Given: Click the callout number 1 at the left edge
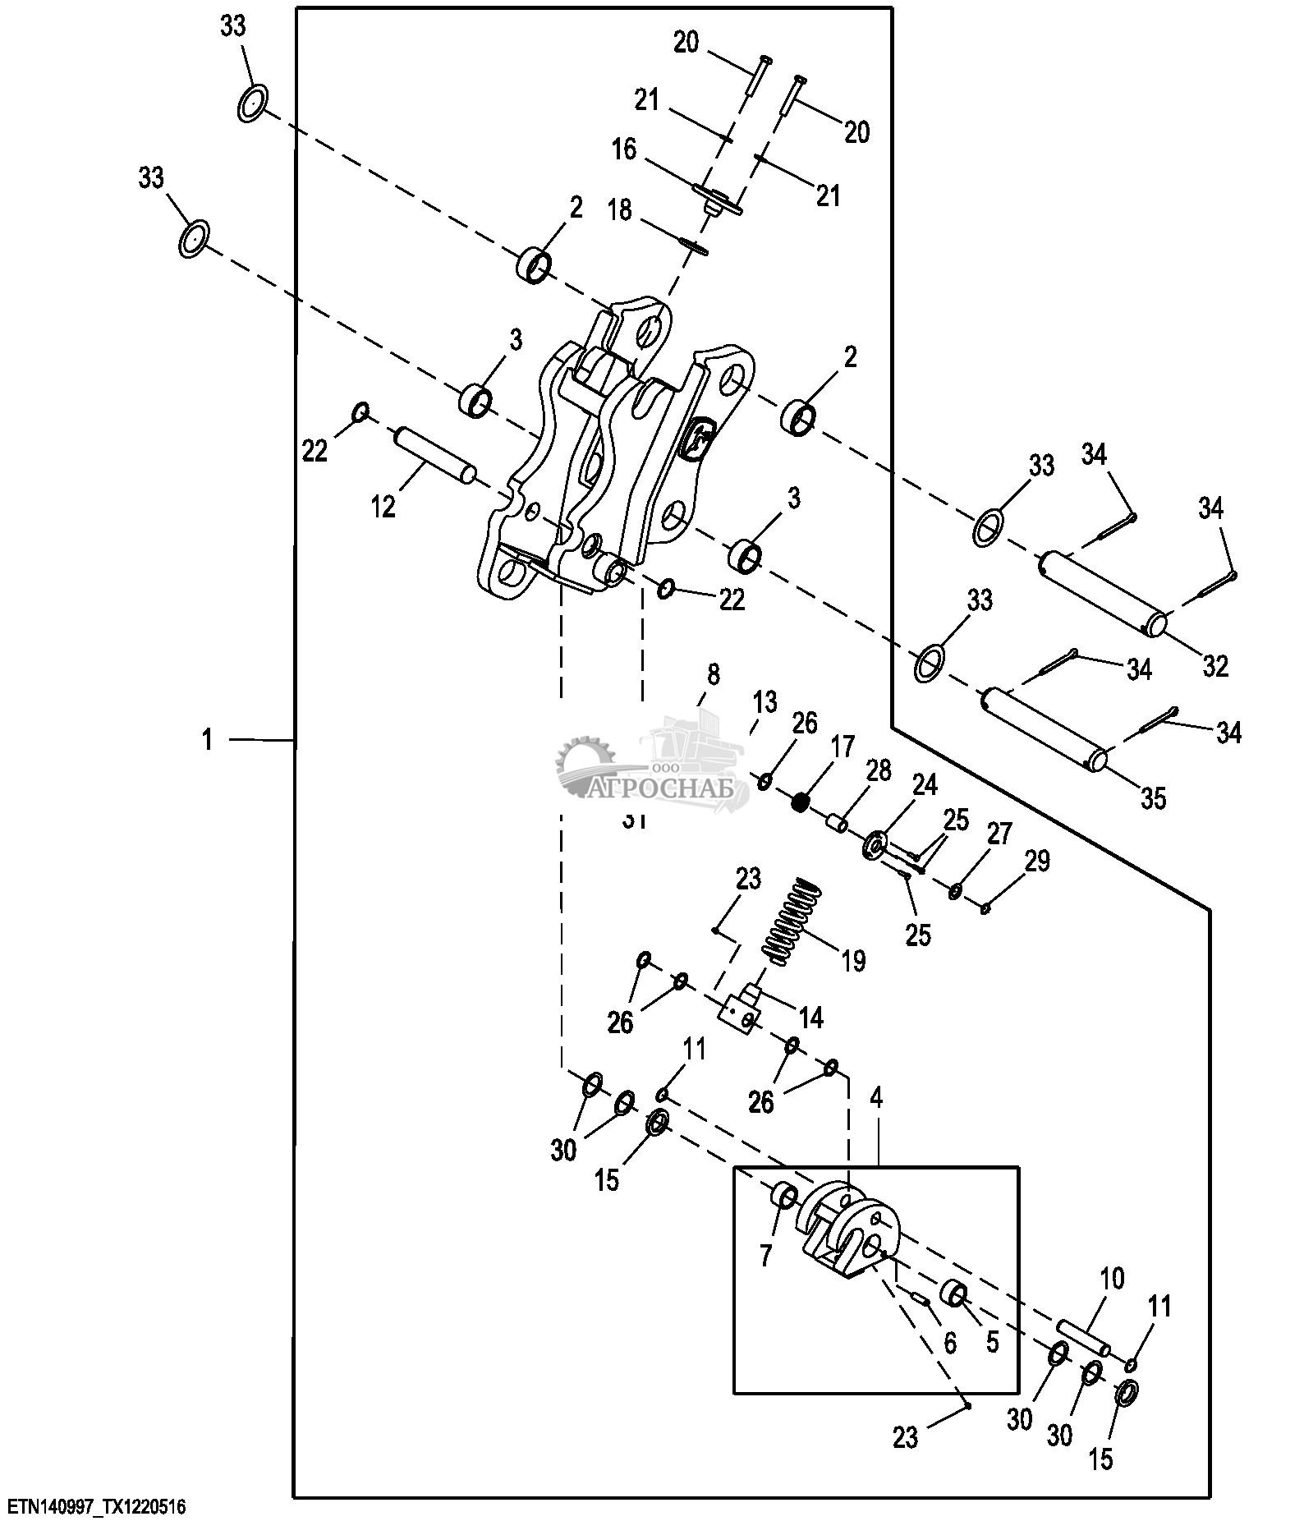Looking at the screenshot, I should coord(208,740).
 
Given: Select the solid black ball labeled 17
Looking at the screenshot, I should coord(801,801).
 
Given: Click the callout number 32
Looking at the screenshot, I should coord(1215,665).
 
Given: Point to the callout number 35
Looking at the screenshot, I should coord(1154,797).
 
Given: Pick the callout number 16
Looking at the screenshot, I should coord(624,150).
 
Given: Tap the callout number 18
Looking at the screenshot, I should coord(620,211).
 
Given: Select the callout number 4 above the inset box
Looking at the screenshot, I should coord(876,1099).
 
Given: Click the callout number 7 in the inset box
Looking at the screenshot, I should coord(766,1256).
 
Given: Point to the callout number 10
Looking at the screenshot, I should coord(1113,1279).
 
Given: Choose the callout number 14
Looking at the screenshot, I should coord(810,1018).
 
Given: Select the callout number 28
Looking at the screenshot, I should coord(878,770).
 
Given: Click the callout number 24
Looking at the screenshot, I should coord(925,785).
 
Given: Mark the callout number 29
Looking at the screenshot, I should coord(1037,861).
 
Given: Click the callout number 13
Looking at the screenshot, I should coord(764,702).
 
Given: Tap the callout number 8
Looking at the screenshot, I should coord(713,675).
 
